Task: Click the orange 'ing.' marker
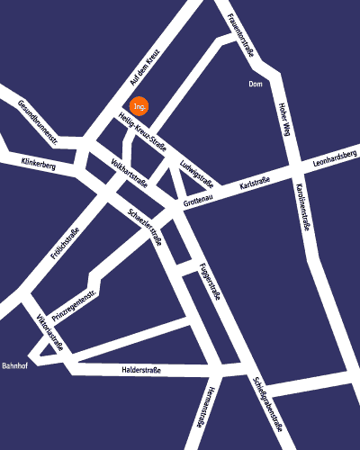139,105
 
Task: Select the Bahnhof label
16,366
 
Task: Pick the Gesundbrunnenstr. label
39,123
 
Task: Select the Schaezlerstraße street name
144,221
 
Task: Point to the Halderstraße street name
139,370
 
